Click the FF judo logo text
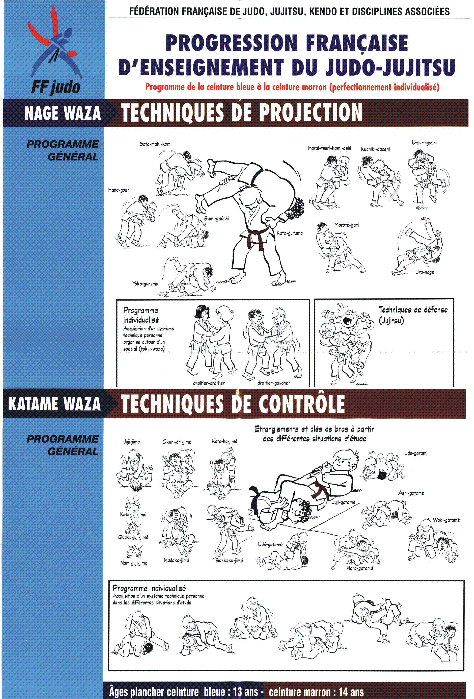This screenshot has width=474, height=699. (x=56, y=87)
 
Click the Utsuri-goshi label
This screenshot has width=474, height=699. (x=424, y=143)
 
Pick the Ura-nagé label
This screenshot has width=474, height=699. (x=424, y=272)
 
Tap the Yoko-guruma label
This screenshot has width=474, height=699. (x=145, y=283)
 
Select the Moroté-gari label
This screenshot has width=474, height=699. (x=346, y=225)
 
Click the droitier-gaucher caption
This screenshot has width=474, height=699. (x=274, y=383)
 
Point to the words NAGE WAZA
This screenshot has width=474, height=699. (x=63, y=113)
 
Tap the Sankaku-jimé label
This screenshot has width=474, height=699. (x=229, y=560)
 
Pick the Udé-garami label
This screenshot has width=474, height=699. (x=416, y=453)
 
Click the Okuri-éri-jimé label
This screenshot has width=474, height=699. (x=177, y=442)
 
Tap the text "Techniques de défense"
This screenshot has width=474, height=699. (x=413, y=310)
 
